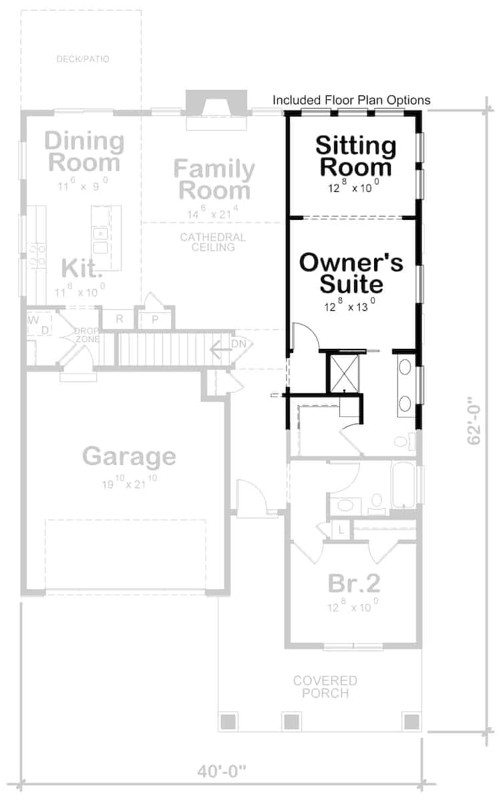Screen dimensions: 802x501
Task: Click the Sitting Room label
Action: pos(355,156)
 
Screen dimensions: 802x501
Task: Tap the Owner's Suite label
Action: pos(351,273)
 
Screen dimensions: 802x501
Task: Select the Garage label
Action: pos(129,456)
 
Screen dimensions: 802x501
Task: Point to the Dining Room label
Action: pos(84,152)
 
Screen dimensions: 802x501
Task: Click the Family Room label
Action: pos(214,179)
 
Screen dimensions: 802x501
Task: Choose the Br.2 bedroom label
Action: pos(354,583)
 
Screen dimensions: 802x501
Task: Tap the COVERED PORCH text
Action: pos(325,687)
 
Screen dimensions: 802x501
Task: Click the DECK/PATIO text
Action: pos(83,59)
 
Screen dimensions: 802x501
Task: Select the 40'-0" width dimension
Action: pos(221,771)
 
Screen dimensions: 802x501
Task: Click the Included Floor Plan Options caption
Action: pos(351,100)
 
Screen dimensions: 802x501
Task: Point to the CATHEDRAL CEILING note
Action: pos(212,242)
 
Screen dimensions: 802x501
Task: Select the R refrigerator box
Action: pos(120,319)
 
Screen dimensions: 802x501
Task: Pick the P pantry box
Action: pos(154,319)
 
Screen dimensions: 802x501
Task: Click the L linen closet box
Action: pos(341,530)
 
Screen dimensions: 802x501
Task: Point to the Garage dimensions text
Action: pos(129,483)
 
